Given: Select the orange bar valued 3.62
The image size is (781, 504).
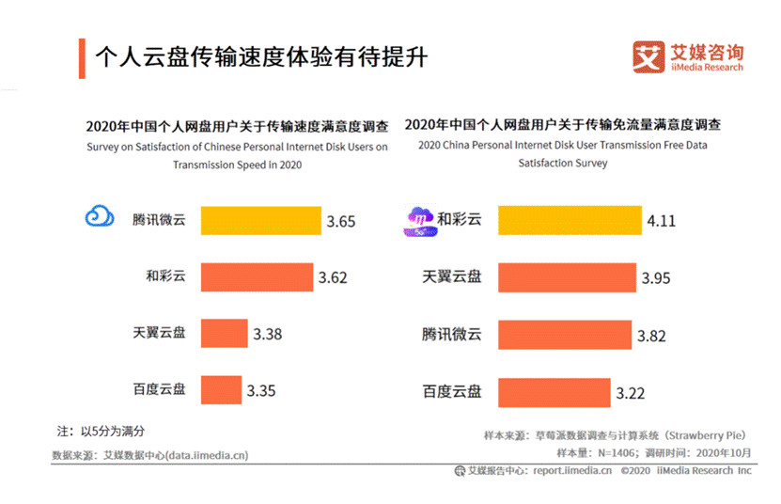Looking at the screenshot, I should [257, 277].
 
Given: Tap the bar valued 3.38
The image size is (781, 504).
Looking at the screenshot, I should [224, 333].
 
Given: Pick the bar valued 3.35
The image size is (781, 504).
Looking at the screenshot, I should [221, 388].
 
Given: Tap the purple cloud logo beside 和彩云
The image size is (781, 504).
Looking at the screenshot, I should [417, 219].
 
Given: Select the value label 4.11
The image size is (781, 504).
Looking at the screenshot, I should [661, 223].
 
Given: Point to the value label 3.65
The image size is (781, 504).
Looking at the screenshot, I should [341, 223].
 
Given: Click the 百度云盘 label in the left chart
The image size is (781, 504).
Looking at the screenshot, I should [160, 388].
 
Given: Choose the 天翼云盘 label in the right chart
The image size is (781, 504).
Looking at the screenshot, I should [452, 277].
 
